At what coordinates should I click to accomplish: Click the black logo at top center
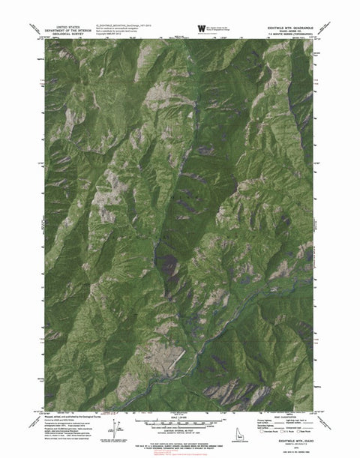(202, 27)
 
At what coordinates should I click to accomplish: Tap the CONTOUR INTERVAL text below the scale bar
(180, 430)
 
